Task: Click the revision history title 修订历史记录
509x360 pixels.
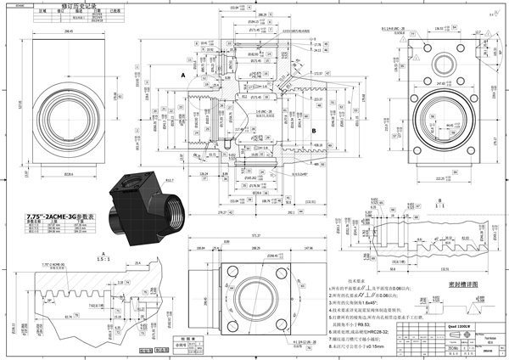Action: pos(79,4)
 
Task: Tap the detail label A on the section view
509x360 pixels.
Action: pos(182,76)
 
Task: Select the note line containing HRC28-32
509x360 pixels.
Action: pos(373,329)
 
